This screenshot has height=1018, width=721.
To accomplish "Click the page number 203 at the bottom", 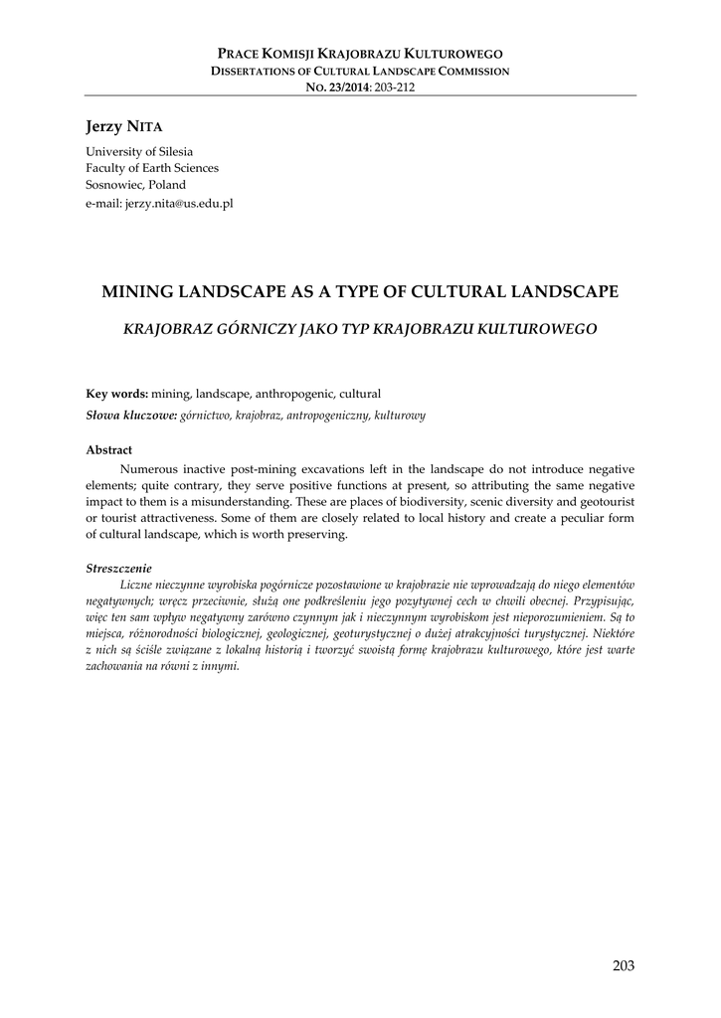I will click(x=624, y=965).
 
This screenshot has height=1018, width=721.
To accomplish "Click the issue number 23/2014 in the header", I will click(x=347, y=86).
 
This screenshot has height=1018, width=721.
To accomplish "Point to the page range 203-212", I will click(x=395, y=86).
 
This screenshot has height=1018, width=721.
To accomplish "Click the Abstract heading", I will click(x=108, y=449).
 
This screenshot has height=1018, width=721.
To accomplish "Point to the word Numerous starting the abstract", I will click(x=148, y=468).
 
